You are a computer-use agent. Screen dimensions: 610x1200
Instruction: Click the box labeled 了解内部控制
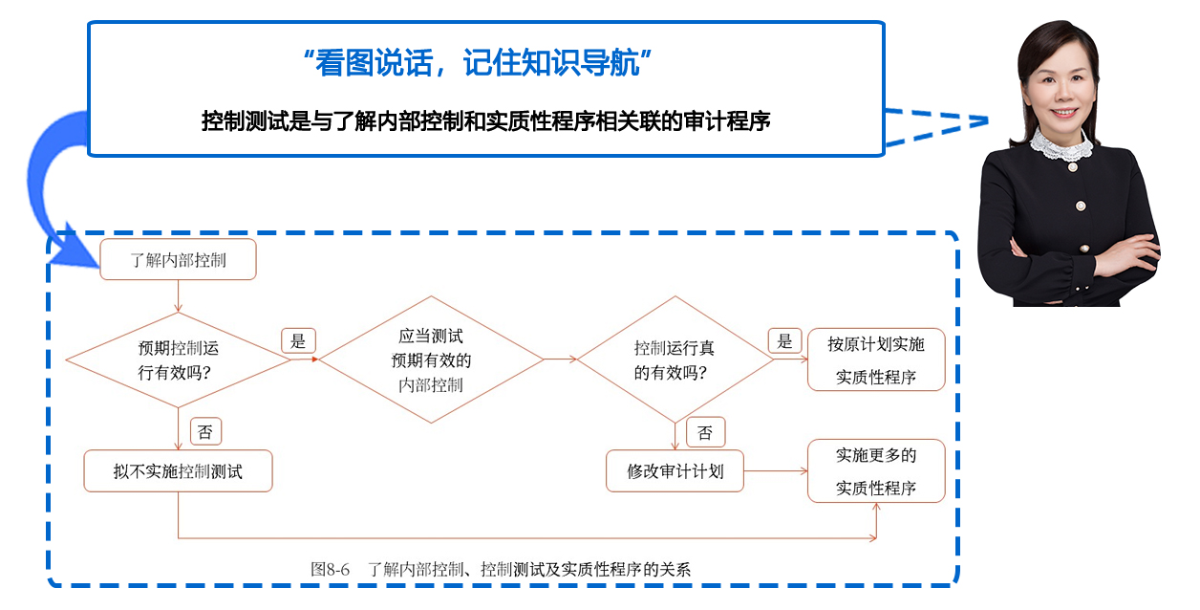(x=178, y=259)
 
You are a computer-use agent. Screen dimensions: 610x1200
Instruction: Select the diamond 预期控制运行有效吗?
(x=179, y=360)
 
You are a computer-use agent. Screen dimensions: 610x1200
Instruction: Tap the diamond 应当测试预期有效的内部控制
(x=431, y=360)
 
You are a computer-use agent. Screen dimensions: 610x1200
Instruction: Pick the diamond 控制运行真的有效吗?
(x=675, y=360)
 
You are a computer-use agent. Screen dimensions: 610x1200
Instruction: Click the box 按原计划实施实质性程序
(x=876, y=360)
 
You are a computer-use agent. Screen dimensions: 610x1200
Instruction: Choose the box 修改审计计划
(x=675, y=470)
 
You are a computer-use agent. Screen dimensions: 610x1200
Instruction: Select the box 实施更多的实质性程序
(x=876, y=471)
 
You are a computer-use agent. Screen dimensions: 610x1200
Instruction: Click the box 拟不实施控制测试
(x=178, y=470)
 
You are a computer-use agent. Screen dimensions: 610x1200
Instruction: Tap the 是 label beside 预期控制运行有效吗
(x=298, y=341)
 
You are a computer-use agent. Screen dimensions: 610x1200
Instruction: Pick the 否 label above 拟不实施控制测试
(x=205, y=432)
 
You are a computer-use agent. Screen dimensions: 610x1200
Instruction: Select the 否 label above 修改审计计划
(x=705, y=432)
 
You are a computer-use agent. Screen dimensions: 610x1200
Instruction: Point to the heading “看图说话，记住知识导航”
(x=478, y=63)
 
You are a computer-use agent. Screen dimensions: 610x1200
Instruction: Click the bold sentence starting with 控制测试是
(x=485, y=121)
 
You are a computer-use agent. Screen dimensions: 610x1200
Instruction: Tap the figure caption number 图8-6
(x=330, y=569)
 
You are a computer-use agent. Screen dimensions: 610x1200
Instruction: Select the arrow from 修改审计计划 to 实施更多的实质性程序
(x=775, y=470)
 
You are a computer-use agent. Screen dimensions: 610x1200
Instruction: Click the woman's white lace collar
(x=1060, y=145)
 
